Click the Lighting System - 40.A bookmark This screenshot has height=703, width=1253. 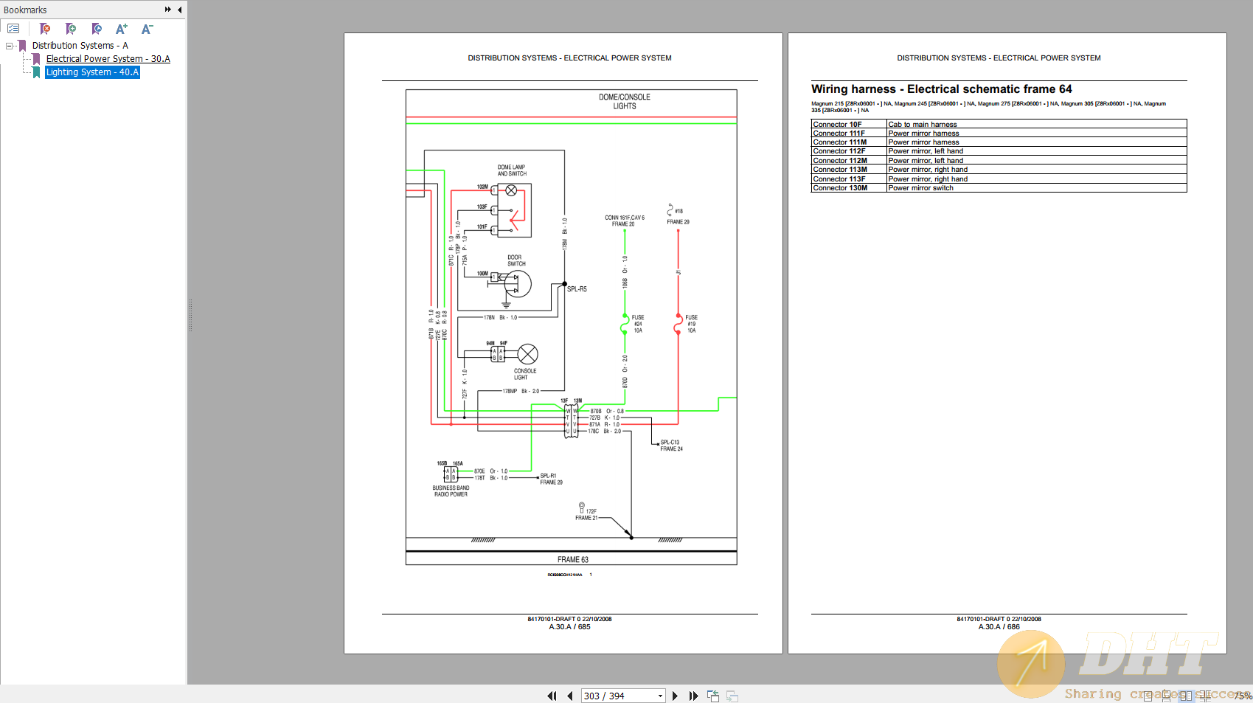[x=92, y=72]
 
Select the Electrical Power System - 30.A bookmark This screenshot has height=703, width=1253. [x=108, y=59]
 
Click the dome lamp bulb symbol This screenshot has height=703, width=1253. [x=511, y=190]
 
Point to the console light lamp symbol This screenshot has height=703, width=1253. [x=528, y=354]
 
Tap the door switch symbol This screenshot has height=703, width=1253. [x=517, y=284]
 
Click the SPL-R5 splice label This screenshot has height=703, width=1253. [x=577, y=289]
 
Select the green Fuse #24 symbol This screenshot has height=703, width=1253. [x=625, y=324]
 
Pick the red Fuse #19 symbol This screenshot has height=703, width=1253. [x=678, y=324]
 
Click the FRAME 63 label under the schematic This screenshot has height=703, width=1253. [x=572, y=560]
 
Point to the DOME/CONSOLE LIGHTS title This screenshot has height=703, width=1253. [x=624, y=102]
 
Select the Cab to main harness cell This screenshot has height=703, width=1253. [x=922, y=125]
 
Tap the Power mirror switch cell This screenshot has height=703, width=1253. [x=920, y=188]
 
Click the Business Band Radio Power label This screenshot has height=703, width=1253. [x=451, y=491]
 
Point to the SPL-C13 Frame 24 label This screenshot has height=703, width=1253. [x=671, y=446]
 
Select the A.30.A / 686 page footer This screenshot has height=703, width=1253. [x=999, y=627]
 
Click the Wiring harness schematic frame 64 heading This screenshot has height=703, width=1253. [x=941, y=89]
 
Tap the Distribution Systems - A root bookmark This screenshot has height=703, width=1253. [x=80, y=46]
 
